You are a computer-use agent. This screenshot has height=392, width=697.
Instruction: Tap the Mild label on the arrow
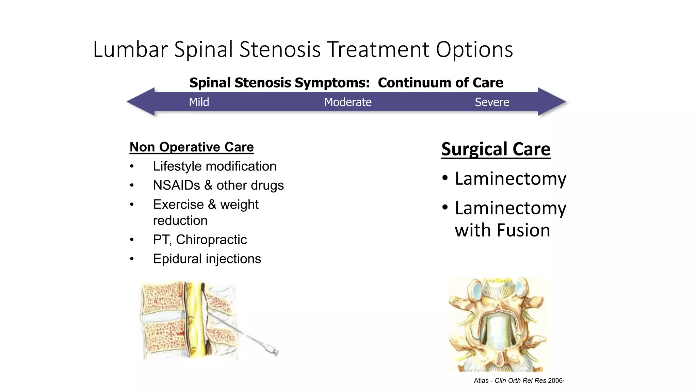coord(199,102)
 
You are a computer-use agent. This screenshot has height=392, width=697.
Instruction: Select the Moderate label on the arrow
coord(347,102)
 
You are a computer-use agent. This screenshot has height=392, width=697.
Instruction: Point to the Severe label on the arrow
coord(492,102)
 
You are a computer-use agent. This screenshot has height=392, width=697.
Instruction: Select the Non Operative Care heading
coord(192,147)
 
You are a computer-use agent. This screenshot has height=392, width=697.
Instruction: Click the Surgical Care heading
coord(496,149)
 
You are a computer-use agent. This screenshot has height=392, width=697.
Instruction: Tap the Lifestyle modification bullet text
coord(214,166)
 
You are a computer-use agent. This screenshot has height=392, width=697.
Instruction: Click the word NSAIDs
coord(176,185)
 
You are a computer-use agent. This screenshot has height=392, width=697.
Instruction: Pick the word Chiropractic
coord(211,240)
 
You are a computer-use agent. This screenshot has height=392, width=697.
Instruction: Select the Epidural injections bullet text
coord(207,259)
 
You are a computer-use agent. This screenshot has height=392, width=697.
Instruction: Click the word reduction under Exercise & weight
coord(180,221)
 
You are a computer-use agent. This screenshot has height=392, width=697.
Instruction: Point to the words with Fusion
coord(502,230)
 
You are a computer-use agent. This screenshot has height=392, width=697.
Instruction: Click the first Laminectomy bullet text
coord(510,179)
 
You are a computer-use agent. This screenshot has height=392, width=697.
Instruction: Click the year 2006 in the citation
coord(555,381)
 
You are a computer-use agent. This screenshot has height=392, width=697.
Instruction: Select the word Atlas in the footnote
coord(481,381)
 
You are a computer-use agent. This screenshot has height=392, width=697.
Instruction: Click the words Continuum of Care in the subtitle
coord(440,83)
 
